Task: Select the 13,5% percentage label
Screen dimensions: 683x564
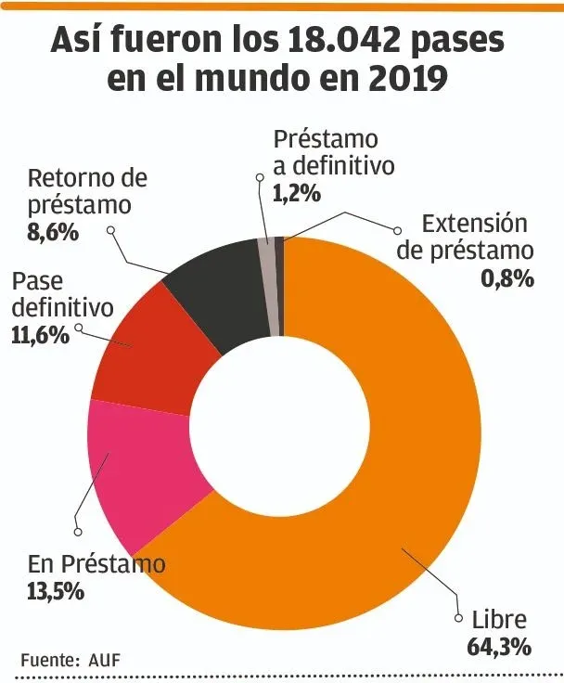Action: (x=56, y=589)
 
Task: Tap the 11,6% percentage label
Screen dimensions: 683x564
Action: (x=40, y=334)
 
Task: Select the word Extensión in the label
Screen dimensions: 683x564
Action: (x=474, y=225)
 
